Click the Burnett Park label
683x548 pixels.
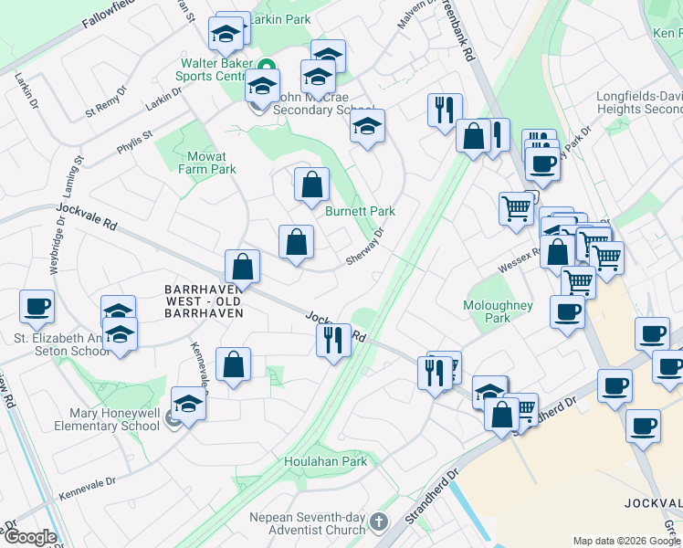point(360,211)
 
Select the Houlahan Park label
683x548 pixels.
point(325,462)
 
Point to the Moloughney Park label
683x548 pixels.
point(499,311)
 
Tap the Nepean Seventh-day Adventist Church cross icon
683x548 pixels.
point(379,523)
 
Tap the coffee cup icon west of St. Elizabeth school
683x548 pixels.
point(37,307)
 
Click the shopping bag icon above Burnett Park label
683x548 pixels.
point(311,184)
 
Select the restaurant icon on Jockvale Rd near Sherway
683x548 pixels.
point(333,340)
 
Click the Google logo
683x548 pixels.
point(29,537)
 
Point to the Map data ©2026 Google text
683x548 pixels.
point(625,541)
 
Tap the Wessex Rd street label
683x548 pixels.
point(516,259)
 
